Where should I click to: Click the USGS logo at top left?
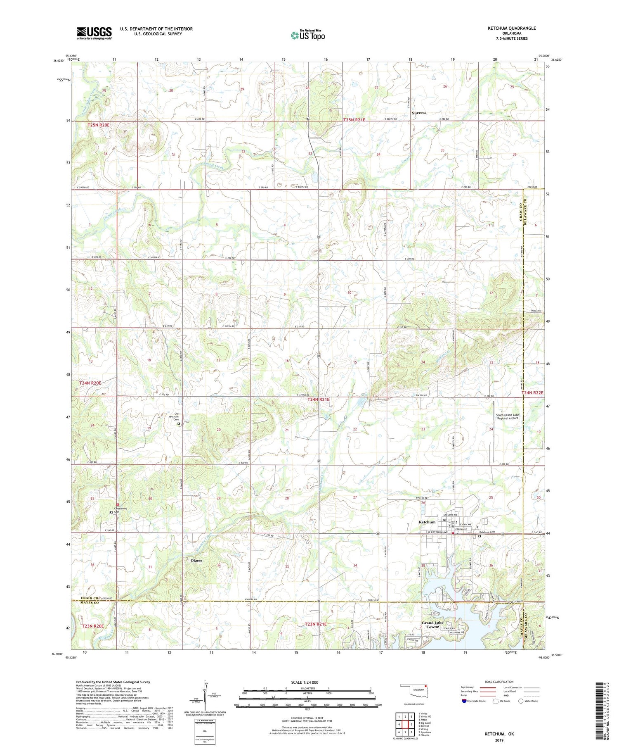[x=94, y=33]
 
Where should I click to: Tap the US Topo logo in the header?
[x=307, y=35]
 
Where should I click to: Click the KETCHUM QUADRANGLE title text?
[x=512, y=28]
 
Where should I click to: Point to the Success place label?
[x=419, y=113]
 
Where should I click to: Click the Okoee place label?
[x=196, y=560]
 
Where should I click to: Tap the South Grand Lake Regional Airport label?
[x=507, y=416]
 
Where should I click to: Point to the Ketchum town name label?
[x=427, y=522]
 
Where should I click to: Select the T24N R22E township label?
[x=532, y=392]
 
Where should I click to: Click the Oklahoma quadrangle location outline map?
[x=414, y=690]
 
